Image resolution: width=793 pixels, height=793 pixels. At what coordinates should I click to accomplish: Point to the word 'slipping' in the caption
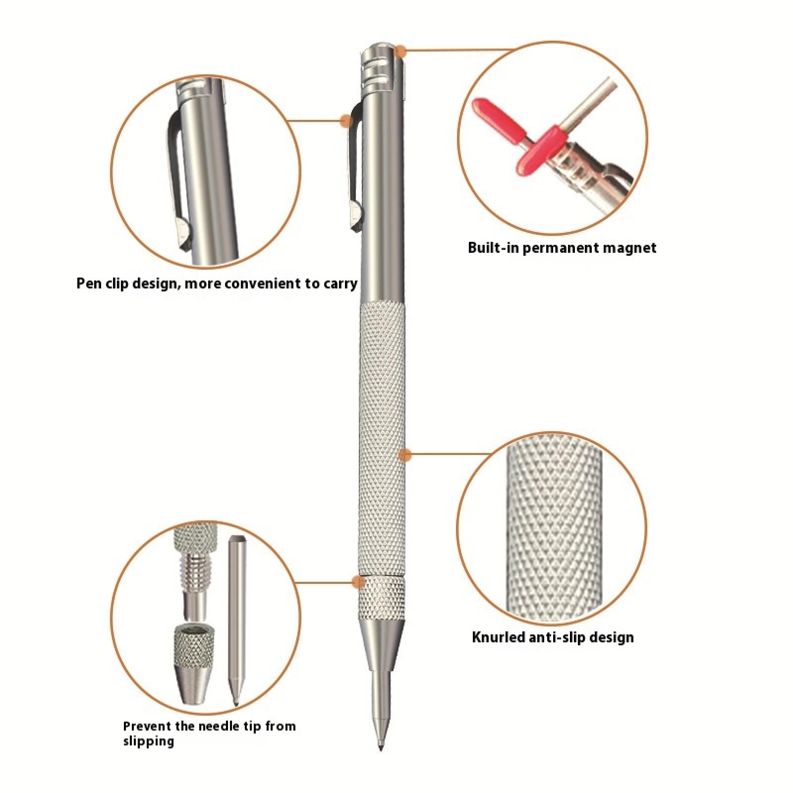[x=149, y=742]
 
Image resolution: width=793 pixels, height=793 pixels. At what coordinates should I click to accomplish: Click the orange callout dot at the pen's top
[x=401, y=50]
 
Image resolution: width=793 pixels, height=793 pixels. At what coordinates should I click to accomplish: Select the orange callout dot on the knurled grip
[x=405, y=455]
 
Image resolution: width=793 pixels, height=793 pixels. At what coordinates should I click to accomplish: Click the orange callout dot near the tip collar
[x=357, y=582]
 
